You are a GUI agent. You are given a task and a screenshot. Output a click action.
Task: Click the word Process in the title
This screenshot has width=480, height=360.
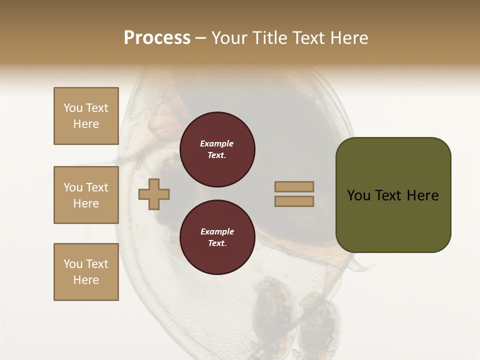coord(157,38)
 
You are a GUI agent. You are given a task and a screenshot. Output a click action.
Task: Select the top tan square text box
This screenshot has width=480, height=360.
coord(86,116)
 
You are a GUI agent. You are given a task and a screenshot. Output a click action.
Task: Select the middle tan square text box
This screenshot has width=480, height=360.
coord(86,195)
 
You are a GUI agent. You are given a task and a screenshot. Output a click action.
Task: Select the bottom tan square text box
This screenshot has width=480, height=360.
coord(86,272)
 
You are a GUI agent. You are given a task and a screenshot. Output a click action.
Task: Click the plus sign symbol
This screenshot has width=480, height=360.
coord(154,194)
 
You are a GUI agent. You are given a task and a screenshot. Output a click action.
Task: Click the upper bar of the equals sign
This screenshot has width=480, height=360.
coord(294,186)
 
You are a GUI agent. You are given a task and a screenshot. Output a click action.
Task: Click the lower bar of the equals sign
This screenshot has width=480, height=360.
coord(294,201)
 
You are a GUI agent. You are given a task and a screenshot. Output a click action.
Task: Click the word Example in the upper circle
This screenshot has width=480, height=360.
coord(217,143)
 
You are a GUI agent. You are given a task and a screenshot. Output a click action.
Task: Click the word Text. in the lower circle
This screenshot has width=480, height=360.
coord(217,243)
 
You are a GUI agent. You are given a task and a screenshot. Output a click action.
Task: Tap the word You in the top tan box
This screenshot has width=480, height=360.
coord(73,108)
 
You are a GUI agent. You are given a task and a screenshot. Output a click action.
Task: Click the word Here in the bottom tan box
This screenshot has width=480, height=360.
coord(86,280)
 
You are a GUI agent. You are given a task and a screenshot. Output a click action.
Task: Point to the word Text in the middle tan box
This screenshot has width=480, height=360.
coord(97,187)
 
